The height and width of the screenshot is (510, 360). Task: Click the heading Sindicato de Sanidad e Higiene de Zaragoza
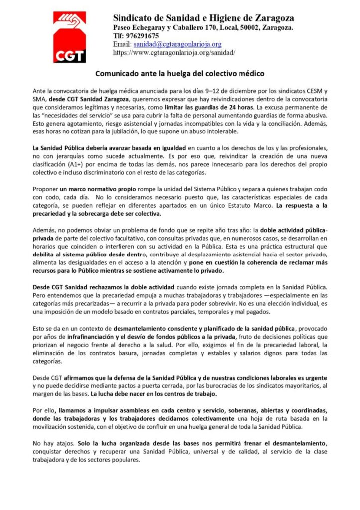pos(203,19)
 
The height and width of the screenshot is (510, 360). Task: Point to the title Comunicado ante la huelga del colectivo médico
pos(180,73)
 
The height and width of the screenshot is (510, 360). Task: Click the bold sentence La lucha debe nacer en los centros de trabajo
pos(147,393)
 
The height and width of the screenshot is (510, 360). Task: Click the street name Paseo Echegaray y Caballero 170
pos(156,27)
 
